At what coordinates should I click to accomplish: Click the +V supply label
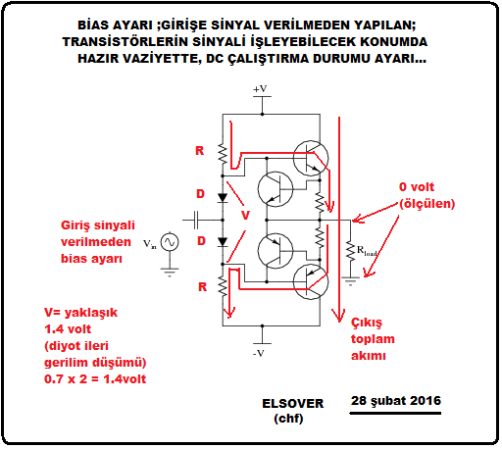coord(260,89)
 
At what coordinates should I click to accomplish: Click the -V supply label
coord(259,353)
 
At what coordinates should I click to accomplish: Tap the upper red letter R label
coord(200,151)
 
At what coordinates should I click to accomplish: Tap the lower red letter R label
coord(203,287)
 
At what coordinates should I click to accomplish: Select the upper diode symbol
coord(223,197)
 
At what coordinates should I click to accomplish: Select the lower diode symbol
coord(223,242)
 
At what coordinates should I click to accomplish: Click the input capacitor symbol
coord(196,220)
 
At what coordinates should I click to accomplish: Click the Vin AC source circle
coord(170,242)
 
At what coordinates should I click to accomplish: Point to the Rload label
coord(367,251)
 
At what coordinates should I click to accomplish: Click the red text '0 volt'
coord(417,187)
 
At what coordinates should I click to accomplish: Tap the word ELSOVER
coord(293,404)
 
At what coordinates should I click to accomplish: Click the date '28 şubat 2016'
coord(396,401)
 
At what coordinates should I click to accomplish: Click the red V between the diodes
coord(245,216)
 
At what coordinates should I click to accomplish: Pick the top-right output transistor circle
coord(311,158)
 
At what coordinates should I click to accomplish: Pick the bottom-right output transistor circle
coord(311,281)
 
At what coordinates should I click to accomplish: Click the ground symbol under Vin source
coord(170,273)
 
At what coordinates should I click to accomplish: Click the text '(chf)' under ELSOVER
coord(288,419)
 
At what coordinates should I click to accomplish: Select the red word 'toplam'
coord(373,339)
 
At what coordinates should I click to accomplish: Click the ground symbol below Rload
coord(350,281)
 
